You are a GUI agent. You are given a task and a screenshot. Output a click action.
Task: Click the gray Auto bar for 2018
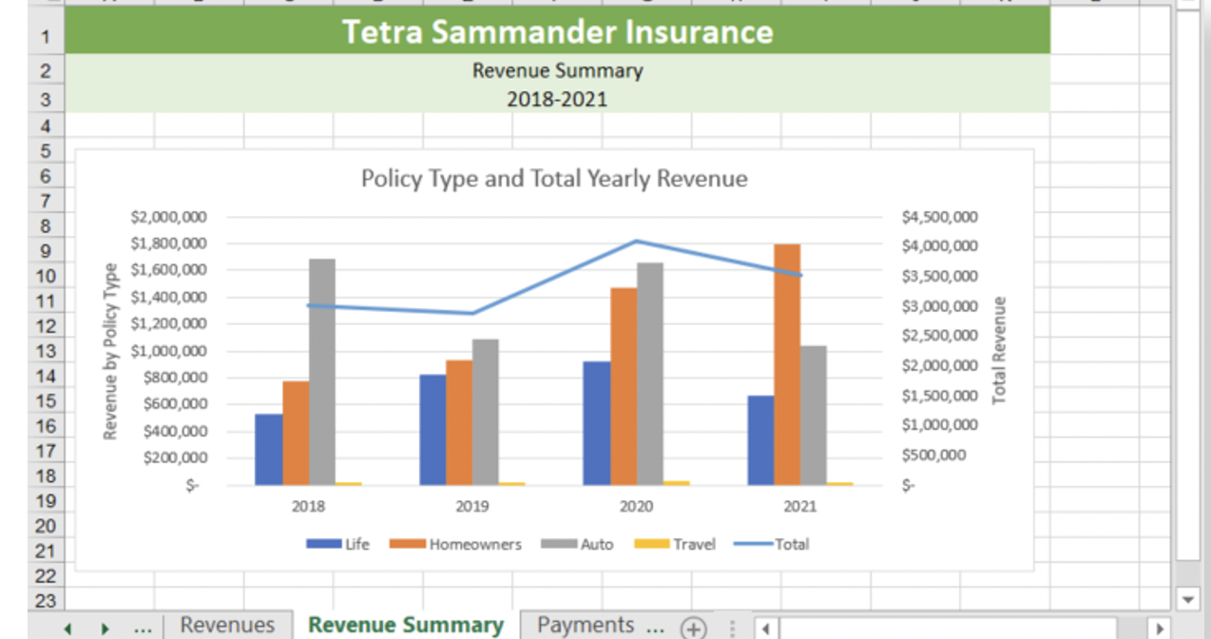click(322, 371)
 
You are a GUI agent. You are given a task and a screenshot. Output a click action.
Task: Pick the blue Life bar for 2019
click(432, 429)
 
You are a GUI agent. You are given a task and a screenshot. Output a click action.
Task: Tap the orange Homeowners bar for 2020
click(624, 385)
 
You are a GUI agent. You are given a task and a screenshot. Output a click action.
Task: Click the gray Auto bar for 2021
click(814, 415)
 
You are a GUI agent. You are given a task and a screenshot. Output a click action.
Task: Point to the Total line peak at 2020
click(637, 241)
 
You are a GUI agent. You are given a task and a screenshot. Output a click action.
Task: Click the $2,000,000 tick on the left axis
click(168, 217)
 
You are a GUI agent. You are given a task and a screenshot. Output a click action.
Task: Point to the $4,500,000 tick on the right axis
click(939, 217)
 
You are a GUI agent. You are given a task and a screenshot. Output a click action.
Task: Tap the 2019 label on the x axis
click(472, 507)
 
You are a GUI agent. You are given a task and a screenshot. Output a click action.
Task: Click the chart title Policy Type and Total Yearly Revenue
click(554, 178)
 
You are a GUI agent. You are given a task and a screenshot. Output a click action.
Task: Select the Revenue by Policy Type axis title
click(110, 351)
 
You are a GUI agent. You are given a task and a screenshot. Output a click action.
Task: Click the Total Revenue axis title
click(999, 351)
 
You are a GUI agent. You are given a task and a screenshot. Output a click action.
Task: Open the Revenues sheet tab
click(227, 625)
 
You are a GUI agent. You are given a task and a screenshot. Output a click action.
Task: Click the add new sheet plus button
click(693, 628)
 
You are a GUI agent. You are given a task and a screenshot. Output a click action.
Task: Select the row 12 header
click(47, 326)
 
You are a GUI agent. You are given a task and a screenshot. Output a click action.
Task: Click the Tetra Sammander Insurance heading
click(557, 32)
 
